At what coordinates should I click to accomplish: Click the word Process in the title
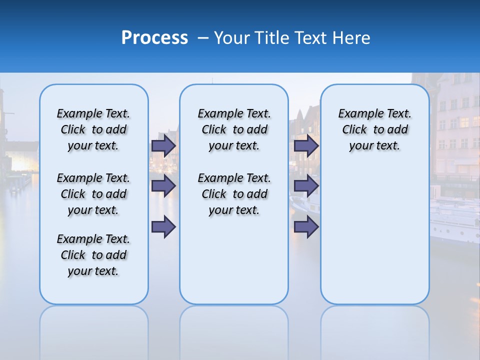coord(154,38)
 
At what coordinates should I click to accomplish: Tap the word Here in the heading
coord(351,38)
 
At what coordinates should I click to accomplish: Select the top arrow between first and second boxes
coord(163,145)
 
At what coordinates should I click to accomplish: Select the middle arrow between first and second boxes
coord(163,186)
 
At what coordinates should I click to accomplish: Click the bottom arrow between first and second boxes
coord(163,226)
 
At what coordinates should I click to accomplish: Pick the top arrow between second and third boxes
coord(306,145)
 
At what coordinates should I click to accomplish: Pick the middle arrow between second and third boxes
coord(306,186)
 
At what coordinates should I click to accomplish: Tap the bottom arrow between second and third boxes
coord(306,226)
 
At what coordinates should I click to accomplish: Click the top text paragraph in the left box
coord(93,129)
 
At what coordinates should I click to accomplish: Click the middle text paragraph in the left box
coord(93,194)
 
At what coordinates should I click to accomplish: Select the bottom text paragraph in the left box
coord(93,255)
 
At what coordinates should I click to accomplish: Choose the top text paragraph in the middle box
coord(234,129)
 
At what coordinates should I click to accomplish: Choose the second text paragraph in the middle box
coord(234,194)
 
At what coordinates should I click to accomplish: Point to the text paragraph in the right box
coord(374,129)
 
